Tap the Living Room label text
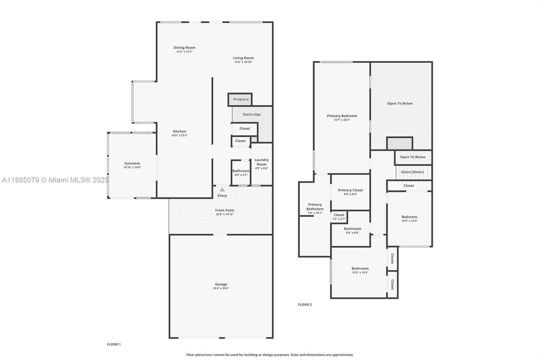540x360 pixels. [x=243, y=58]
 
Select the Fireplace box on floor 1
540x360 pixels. [x=240, y=99]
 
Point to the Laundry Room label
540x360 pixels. [x=261, y=162]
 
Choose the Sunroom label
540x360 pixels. [x=132, y=163]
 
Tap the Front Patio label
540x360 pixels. [x=225, y=210]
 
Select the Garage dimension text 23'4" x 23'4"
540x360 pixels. [x=221, y=288]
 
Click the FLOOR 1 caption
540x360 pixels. [x=114, y=344]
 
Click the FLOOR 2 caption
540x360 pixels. [x=305, y=304]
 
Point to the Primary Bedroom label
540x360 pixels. [x=342, y=116]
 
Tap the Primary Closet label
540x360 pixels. [x=350, y=190]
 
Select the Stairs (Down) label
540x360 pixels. [x=413, y=172]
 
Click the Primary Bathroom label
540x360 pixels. [x=315, y=206]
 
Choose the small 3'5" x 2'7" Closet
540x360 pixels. [x=339, y=216]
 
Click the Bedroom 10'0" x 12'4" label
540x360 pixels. [x=409, y=217]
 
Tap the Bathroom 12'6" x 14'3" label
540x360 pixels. [x=360, y=268]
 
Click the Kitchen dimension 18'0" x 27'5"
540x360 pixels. [x=179, y=135]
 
